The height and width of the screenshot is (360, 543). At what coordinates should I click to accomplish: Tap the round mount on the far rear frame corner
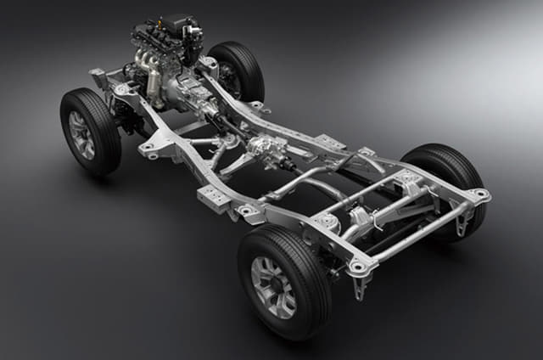pos(480,195)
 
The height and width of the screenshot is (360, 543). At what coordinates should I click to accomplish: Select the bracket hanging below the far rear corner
pos(463,222)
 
